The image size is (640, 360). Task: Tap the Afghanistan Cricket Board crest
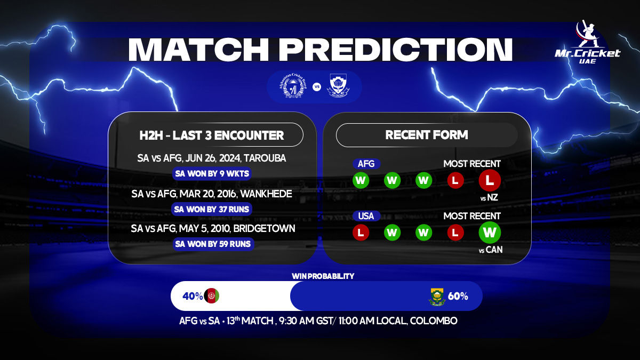tap(293, 86)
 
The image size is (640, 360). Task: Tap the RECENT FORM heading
tap(427, 135)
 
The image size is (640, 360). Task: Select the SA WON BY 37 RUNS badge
tap(212, 209)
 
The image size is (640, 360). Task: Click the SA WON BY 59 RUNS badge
tap(213, 244)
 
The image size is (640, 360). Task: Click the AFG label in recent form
tap(366, 164)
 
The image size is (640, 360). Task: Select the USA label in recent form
tap(366, 216)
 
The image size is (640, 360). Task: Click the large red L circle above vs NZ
tap(490, 180)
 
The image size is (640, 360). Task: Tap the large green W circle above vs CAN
tap(490, 233)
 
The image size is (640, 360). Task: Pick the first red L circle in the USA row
tap(361, 233)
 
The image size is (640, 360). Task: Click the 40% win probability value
tap(192, 296)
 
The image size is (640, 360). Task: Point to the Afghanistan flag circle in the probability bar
tap(212, 296)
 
